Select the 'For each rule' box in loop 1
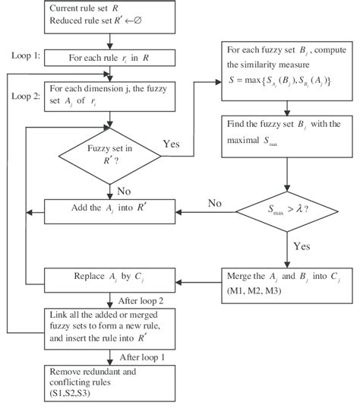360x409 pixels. pyautogui.click(x=110, y=56)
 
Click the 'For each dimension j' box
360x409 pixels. pyautogui.click(x=110, y=96)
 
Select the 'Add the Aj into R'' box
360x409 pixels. pyautogui.click(x=110, y=208)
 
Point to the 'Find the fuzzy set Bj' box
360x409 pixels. pyautogui.click(x=286, y=134)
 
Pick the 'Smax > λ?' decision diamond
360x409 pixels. pyautogui.click(x=286, y=208)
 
